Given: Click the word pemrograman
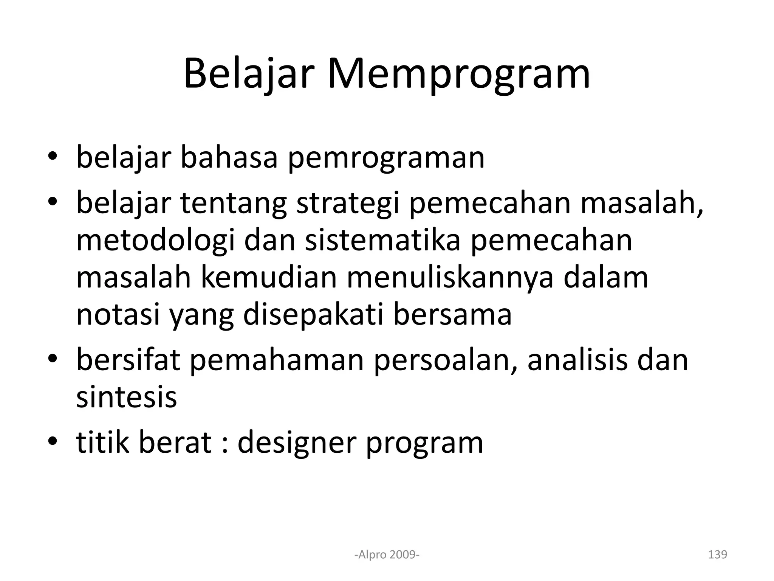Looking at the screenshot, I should tap(386, 158).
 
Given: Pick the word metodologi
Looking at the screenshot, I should tap(155, 241).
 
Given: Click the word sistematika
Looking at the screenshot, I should tap(382, 241).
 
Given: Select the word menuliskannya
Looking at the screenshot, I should tap(450, 278).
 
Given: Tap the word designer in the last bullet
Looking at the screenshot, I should tap(297, 443).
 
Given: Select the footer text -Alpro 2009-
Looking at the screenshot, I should tap(387, 555).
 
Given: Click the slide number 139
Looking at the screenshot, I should tap(717, 555).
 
